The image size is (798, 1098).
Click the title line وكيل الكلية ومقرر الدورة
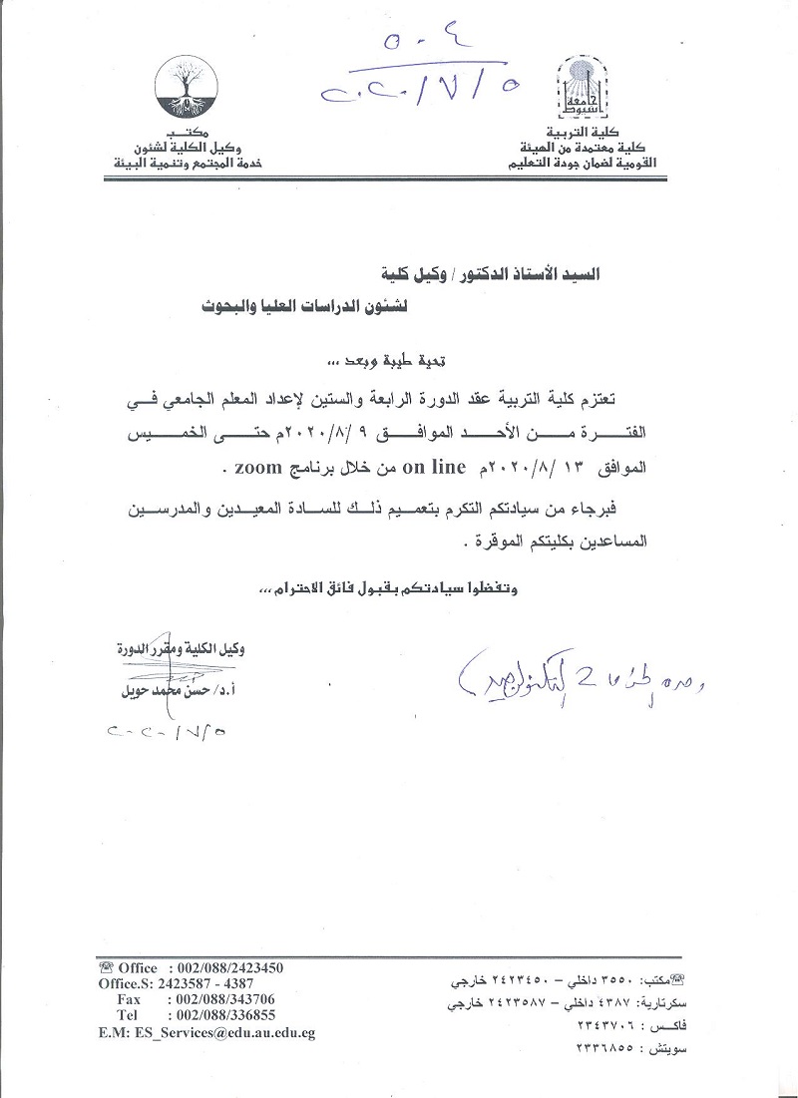pyautogui.click(x=182, y=649)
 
